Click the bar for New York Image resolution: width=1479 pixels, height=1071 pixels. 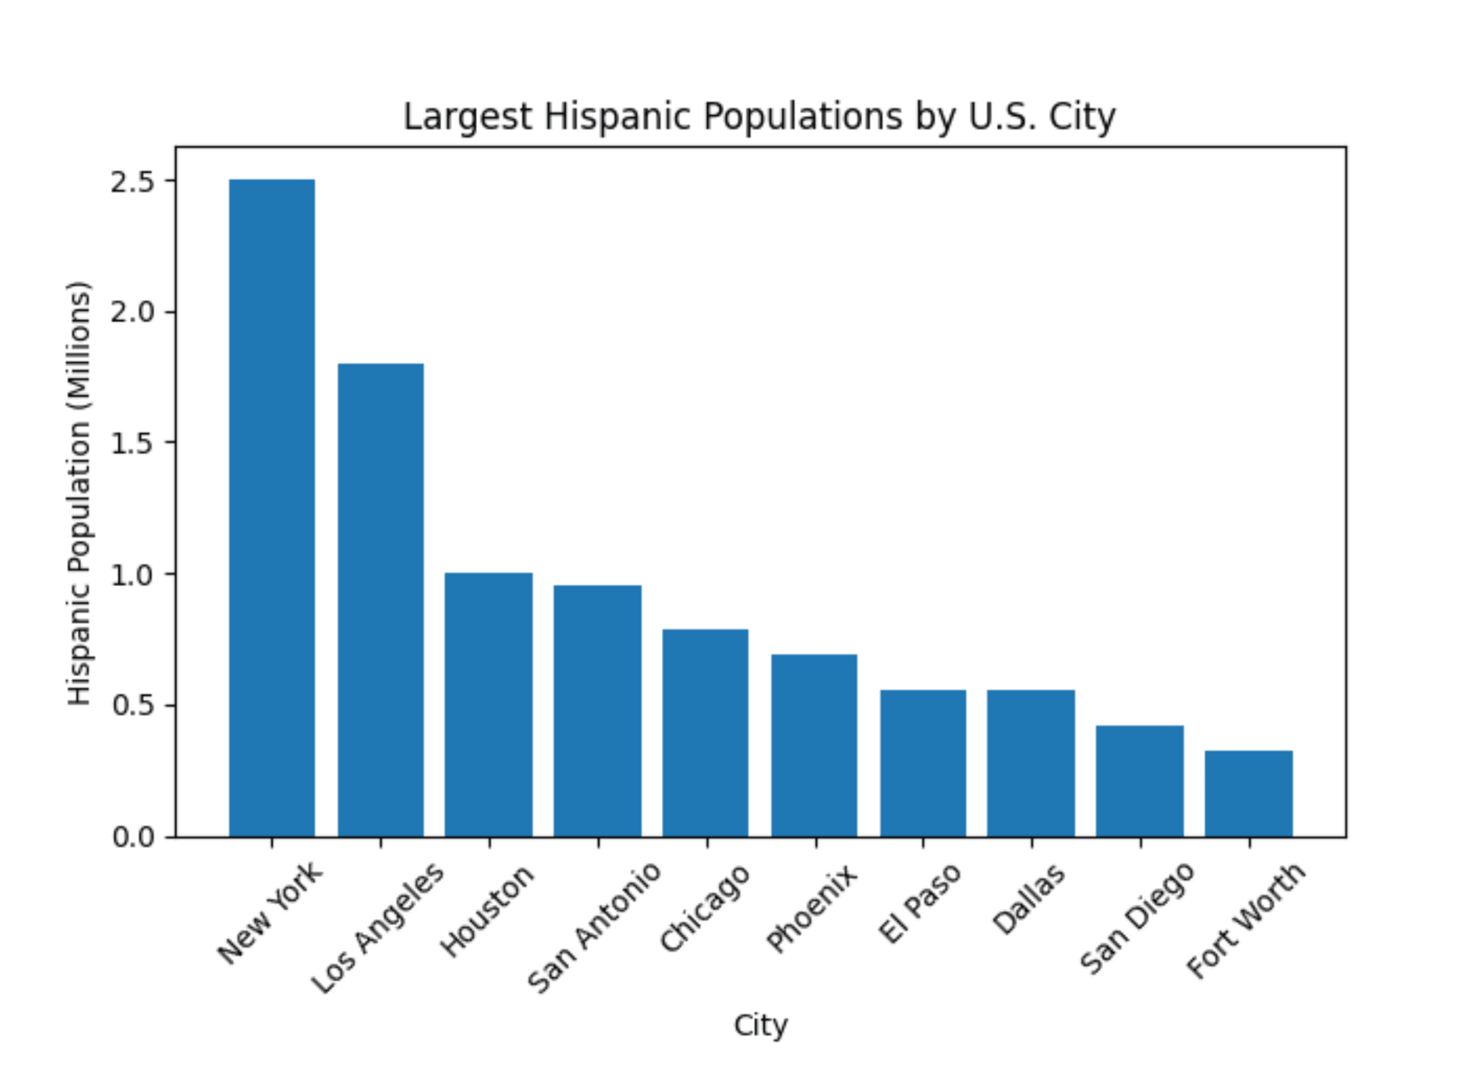[x=272, y=508]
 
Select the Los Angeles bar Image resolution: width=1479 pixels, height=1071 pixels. [x=381, y=600]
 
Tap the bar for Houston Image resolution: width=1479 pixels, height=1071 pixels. [x=489, y=705]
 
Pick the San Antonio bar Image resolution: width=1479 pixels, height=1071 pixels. [x=598, y=711]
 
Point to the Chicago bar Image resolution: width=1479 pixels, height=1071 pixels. [x=706, y=733]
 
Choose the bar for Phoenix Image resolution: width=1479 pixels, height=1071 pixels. [x=814, y=745]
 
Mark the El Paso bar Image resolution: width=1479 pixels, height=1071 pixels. [x=923, y=763]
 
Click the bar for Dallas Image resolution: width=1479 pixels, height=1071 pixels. [x=1031, y=763]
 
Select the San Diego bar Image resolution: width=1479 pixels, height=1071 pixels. [x=1140, y=781]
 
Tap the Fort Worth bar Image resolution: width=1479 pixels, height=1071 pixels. [x=1249, y=794]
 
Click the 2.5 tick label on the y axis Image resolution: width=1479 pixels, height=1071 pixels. [x=133, y=182]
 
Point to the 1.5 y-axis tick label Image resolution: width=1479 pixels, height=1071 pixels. [x=133, y=443]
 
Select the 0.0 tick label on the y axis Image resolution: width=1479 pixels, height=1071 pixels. [x=133, y=837]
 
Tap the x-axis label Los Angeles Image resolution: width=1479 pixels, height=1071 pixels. [x=378, y=928]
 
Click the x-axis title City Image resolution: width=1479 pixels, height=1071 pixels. [x=760, y=1025]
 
